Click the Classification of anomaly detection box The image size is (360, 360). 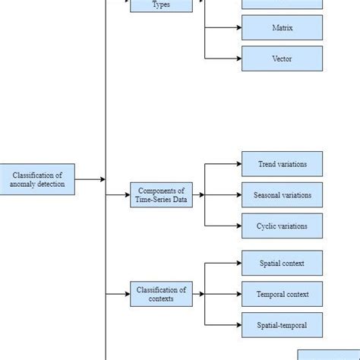[37, 179]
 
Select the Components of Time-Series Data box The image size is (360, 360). [161, 195]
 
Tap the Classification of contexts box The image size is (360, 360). [161, 294]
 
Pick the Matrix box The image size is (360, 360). [282, 28]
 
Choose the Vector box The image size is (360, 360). [282, 58]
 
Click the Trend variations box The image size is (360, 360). [282, 164]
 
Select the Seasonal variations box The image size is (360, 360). [282, 195]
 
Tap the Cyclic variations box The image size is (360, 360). [282, 226]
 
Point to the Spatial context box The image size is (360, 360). [282, 264]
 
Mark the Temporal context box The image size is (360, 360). [282, 294]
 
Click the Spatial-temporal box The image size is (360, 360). [282, 325]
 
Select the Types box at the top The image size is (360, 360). [161, 5]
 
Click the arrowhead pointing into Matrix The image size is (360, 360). [238, 28]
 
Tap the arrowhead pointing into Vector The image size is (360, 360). [238, 58]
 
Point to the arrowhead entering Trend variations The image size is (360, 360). [238, 164]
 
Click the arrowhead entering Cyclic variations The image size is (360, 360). [238, 226]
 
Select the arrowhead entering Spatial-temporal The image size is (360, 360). [238, 325]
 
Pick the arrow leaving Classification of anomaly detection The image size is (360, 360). [90, 179]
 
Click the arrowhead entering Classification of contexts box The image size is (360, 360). [126, 294]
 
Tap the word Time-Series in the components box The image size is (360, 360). [155, 200]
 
